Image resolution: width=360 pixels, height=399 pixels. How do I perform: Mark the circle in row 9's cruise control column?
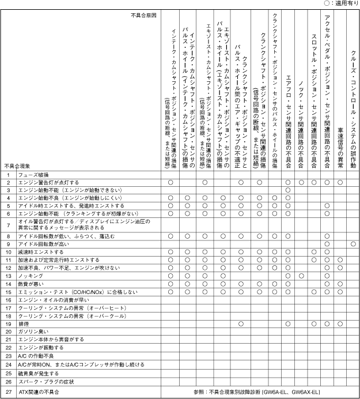click(353, 244)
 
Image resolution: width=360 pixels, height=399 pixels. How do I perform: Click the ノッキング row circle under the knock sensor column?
click(301, 276)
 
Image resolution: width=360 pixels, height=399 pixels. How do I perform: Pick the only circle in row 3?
click(287, 190)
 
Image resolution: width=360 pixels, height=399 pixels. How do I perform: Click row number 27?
click(8, 392)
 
